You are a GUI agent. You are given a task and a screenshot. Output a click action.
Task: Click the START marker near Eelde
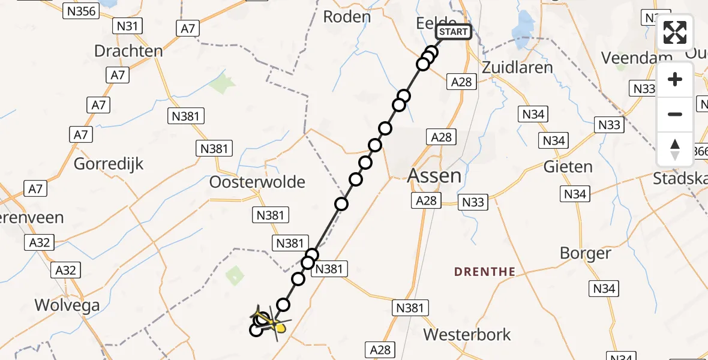click(454, 32)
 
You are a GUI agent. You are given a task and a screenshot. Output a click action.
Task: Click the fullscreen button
click(675, 32)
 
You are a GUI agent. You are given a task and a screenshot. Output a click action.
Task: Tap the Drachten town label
click(128, 51)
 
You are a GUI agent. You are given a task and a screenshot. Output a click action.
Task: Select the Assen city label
click(435, 176)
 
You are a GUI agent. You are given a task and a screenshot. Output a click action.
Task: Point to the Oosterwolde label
click(257, 182)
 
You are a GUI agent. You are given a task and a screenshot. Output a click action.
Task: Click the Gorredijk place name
click(109, 163)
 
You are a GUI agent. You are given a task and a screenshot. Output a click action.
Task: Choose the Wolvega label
click(67, 305)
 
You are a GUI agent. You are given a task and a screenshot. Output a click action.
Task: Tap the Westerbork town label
click(467, 334)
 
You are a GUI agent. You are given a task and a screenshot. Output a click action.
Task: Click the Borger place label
click(585, 253)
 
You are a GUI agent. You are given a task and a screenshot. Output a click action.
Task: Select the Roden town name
click(347, 17)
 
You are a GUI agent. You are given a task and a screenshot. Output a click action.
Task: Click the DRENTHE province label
click(485, 272)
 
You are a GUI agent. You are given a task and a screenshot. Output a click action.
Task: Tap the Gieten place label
click(568, 166)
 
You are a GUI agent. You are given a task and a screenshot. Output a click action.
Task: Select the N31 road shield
click(128, 26)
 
